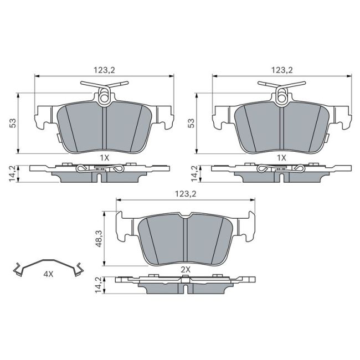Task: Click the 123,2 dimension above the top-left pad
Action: click(x=104, y=70)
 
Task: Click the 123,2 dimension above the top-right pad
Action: click(x=281, y=70)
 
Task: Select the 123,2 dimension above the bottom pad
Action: click(x=186, y=194)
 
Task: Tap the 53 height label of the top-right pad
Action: click(x=191, y=123)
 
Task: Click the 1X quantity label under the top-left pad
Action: click(x=104, y=158)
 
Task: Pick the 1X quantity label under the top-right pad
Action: click(x=281, y=158)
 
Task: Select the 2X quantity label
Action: click(x=186, y=269)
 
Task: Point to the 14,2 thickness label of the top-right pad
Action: click(x=194, y=173)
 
